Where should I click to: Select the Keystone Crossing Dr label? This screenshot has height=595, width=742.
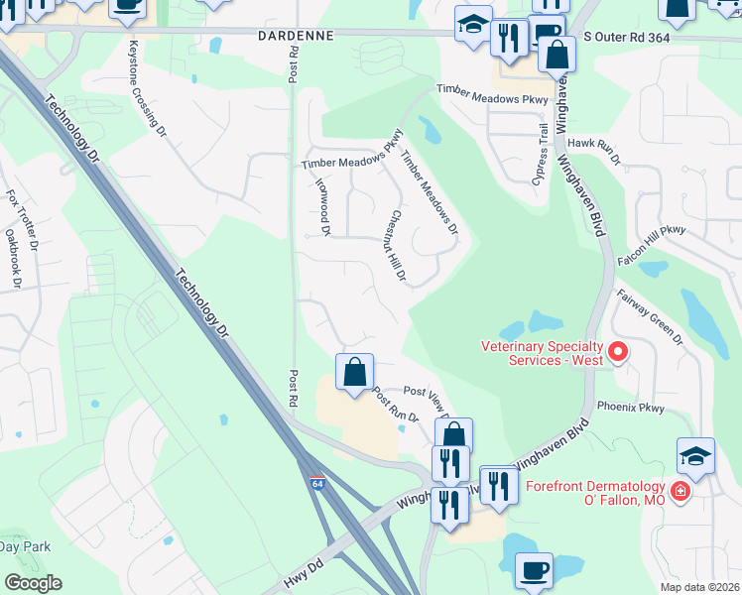click(144, 93)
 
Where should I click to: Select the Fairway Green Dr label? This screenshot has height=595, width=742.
click(651, 317)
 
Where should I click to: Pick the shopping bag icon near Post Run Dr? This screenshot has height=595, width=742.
click(355, 373)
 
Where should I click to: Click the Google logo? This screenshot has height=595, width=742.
click(33, 582)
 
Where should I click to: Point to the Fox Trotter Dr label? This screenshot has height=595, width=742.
click(21, 220)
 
